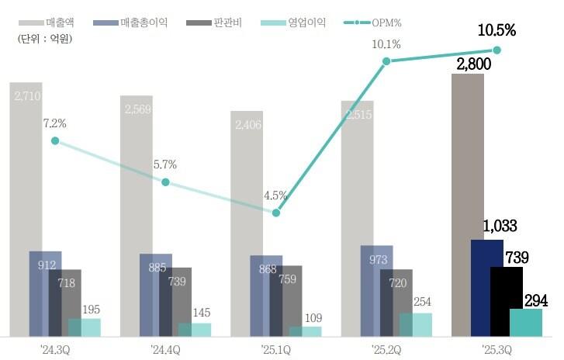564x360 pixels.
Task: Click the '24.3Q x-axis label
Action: click(55, 348)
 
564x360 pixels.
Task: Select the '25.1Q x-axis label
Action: click(275, 348)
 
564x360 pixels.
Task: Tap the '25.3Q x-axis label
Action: click(497, 348)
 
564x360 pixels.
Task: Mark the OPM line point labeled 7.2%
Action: click(55, 141)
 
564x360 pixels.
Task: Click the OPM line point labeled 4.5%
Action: click(275, 213)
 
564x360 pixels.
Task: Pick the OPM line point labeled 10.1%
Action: click(386, 61)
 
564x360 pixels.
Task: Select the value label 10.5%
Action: click(497, 32)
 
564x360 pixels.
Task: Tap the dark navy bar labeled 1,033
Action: click(486, 287)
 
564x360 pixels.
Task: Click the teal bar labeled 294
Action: click(526, 322)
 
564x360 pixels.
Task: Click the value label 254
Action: click(422, 303)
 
